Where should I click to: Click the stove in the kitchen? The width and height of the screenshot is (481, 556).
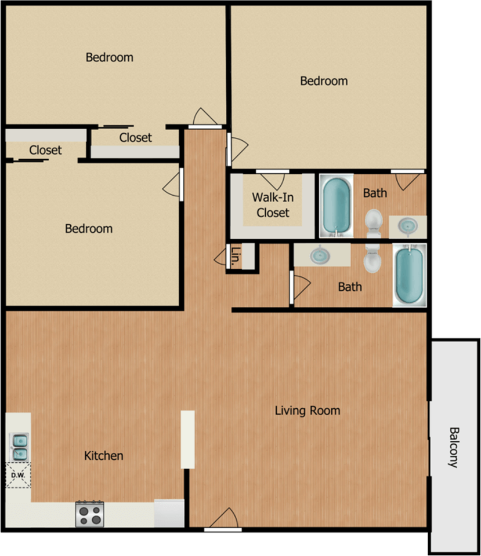pos(89,514)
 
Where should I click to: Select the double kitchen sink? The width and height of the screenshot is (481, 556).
pos(19,446)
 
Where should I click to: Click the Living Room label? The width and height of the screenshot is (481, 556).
pos(307,411)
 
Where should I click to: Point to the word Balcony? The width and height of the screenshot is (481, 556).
pos(454,447)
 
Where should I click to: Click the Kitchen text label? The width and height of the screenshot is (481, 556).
pos(104,456)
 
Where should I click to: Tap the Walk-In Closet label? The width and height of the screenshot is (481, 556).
pos(272,204)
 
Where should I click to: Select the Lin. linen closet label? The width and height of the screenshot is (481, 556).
pos(236,256)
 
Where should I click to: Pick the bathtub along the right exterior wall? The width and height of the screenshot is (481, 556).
pos(410,275)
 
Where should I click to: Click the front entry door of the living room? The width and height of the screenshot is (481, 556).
pos(224,519)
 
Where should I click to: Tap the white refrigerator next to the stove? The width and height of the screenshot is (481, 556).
pos(169,513)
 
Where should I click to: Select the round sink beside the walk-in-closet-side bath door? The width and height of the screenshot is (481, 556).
pos(410,224)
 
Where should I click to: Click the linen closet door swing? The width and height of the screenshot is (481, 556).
pos(220,257)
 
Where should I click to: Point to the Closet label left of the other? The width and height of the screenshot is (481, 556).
pos(45,150)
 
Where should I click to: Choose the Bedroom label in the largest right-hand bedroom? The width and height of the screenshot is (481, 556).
pos(324,81)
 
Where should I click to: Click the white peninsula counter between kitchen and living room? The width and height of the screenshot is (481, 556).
pos(188,439)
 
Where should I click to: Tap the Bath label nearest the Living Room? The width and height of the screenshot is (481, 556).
pos(350,287)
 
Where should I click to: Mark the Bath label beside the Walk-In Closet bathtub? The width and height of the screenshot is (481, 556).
pos(375,193)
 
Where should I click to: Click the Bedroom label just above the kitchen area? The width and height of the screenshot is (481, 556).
pos(89,229)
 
